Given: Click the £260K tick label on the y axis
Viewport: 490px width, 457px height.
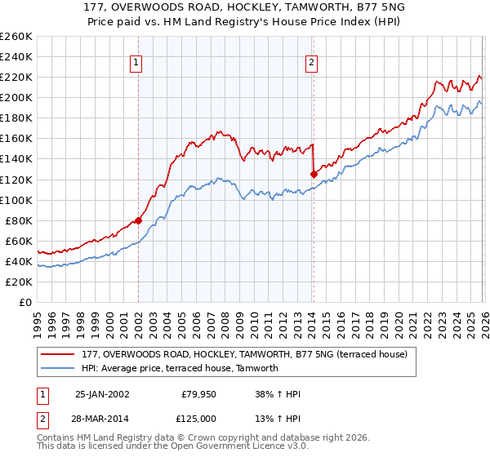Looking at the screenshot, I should coord(16,37).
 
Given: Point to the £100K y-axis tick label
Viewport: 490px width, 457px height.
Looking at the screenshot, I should coord(16,200).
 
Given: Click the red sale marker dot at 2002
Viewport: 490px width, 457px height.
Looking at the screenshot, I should coord(138,220).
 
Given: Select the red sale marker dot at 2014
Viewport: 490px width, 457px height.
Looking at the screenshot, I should coord(314,174).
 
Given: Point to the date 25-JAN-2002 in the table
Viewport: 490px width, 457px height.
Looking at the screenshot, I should coord(102,394).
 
